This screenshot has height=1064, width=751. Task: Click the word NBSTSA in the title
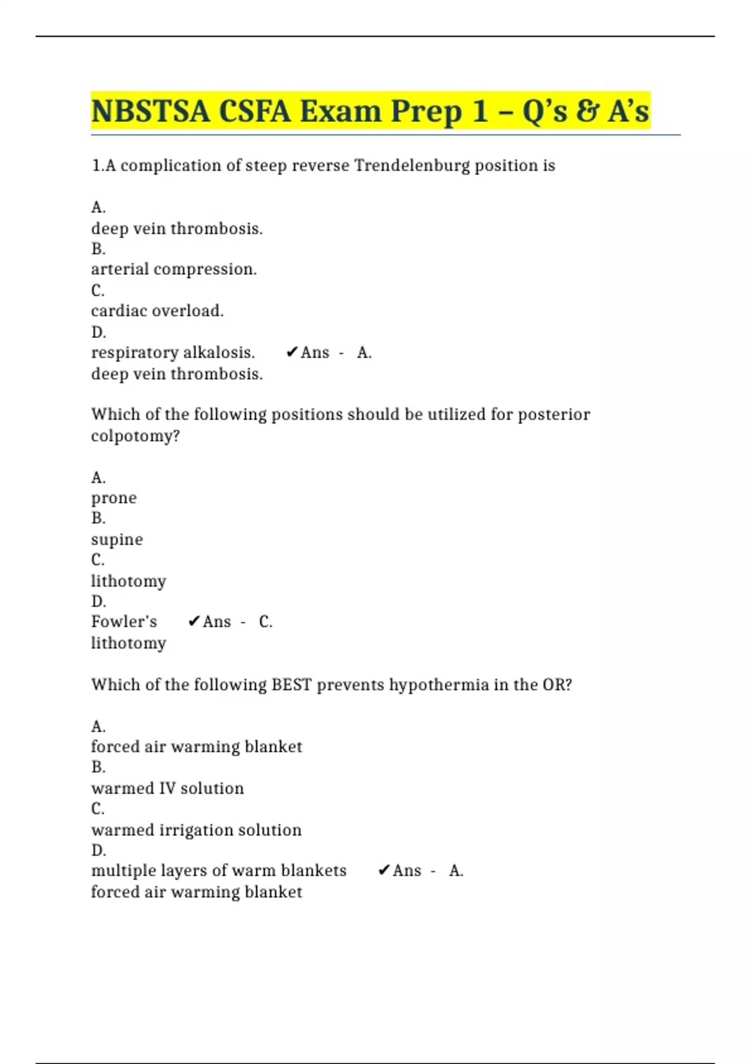coord(150,111)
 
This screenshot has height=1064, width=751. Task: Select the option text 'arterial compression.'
coord(174,269)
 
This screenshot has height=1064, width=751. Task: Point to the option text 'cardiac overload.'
coord(157,311)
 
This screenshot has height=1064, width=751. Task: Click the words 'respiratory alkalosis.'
coord(173,353)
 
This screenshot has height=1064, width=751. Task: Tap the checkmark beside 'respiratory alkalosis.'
coord(292,353)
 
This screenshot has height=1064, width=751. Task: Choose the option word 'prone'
coord(114,498)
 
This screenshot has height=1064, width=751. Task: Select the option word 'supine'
coord(117,540)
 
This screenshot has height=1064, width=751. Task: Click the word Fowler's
coord(124,622)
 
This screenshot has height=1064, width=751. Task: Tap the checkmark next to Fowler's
coord(194,622)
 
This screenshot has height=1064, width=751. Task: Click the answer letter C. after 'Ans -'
coord(265,622)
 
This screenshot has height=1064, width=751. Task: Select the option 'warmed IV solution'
coord(167,789)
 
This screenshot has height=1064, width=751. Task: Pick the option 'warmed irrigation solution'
coord(196,830)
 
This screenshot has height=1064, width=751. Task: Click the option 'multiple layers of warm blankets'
coord(218,871)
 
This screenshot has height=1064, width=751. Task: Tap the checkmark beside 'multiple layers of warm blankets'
coord(384,871)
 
